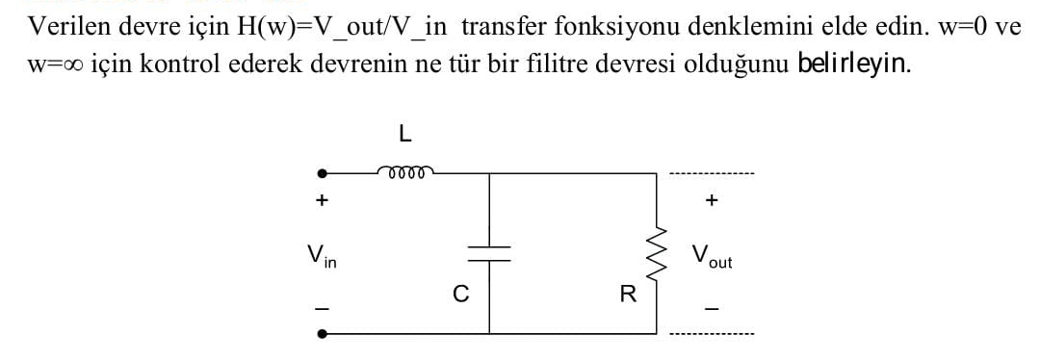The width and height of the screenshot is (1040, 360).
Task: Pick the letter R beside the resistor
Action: (628, 295)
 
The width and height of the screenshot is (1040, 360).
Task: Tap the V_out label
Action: (711, 256)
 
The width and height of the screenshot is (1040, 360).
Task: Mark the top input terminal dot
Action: (323, 175)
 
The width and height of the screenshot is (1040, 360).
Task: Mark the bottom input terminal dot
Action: (323, 334)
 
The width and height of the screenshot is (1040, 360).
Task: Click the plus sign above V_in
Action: (323, 201)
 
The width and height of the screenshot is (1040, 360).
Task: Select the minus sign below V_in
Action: (323, 307)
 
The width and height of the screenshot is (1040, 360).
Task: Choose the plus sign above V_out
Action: (712, 201)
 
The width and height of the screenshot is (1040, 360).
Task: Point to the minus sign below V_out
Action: (712, 308)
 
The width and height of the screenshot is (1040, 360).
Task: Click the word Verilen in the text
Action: (64, 26)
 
